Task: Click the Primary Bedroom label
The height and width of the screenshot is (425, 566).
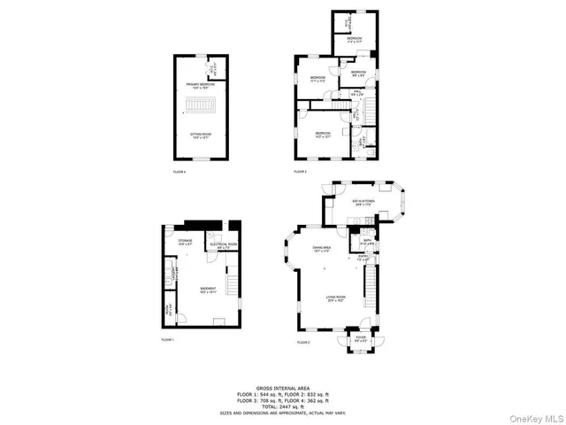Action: [x=201, y=85]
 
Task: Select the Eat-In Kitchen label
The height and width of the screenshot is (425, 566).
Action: [x=363, y=203]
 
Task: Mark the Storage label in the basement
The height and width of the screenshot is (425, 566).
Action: [x=185, y=241]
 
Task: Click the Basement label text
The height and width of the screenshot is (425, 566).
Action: [x=208, y=290]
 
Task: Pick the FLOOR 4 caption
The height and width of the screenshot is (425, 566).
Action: [x=180, y=172]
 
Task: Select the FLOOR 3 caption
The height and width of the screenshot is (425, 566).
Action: [x=301, y=172]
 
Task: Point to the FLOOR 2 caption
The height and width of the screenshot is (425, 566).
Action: [x=303, y=342]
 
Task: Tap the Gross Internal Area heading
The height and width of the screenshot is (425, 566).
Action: [x=282, y=387]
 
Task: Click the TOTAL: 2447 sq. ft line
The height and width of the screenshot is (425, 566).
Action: [x=282, y=406]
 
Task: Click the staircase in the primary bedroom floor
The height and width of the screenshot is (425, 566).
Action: [x=200, y=110]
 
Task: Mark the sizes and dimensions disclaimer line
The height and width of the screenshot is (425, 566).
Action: [x=282, y=413]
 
